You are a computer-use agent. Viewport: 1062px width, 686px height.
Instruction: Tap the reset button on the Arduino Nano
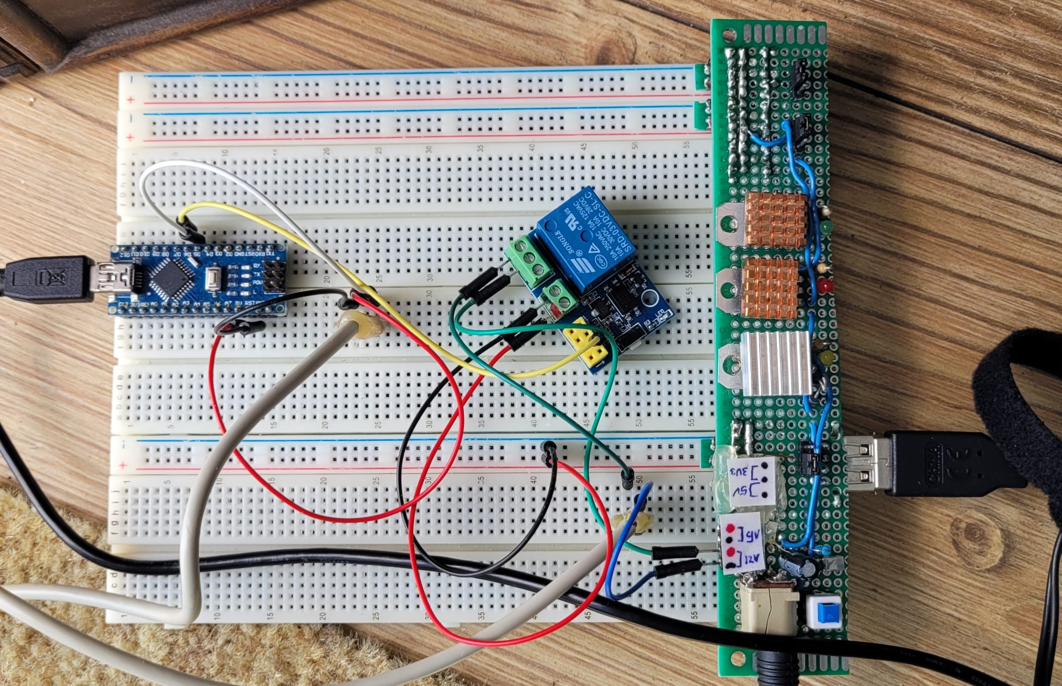click(x=214, y=280)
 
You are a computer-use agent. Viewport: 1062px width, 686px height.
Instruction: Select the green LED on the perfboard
click(x=825, y=228)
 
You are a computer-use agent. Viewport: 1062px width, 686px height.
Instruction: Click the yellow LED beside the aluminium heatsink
click(x=827, y=357)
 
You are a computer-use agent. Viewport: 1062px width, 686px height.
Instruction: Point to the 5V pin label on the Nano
click(x=239, y=304)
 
